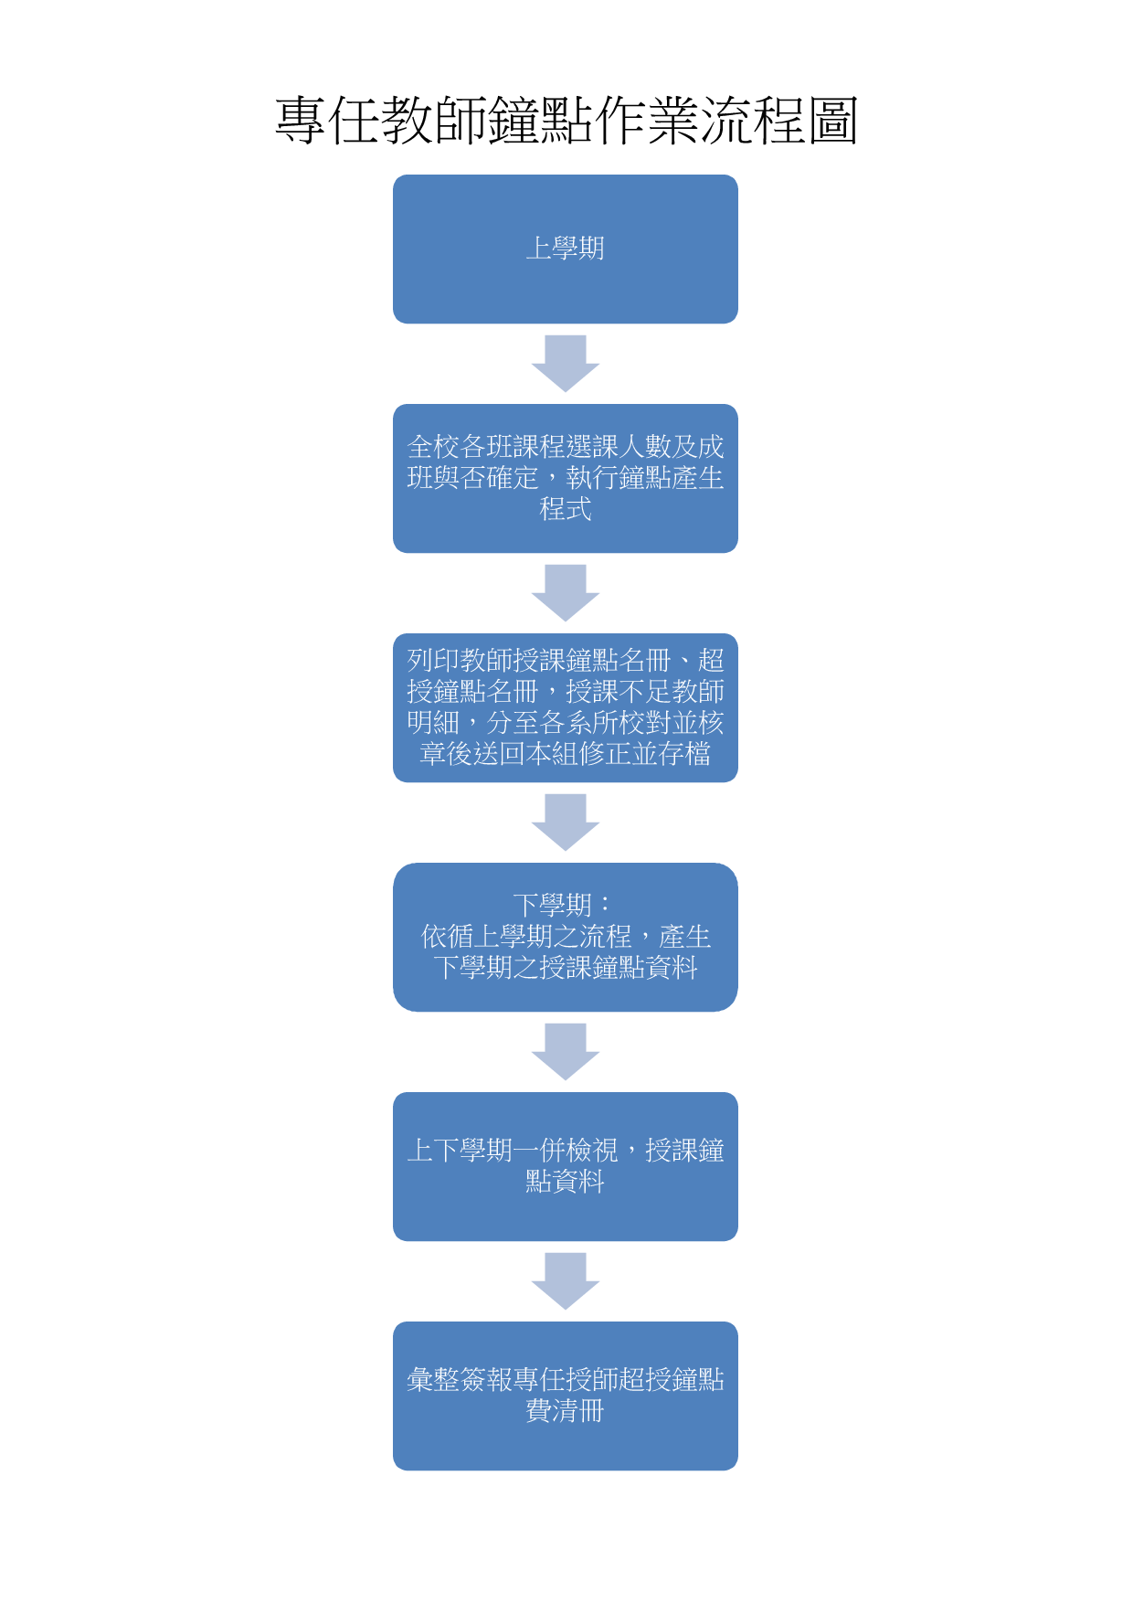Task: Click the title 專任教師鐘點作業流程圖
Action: (566, 120)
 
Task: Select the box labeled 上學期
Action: (566, 249)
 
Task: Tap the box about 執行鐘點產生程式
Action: (566, 478)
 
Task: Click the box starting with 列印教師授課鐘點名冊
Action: (566, 707)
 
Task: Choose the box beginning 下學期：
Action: (566, 937)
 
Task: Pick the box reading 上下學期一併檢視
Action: (566, 1166)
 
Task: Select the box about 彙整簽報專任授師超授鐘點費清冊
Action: (566, 1396)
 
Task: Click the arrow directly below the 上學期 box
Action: (566, 364)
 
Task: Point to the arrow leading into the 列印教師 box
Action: (566, 593)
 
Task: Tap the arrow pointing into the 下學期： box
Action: (566, 823)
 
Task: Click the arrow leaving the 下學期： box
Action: (566, 1052)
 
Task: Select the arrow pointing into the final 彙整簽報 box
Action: (566, 1281)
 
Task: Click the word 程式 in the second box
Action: (566, 509)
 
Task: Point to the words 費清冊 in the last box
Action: (566, 1411)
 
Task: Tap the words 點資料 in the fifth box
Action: (566, 1182)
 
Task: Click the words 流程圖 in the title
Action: (778, 120)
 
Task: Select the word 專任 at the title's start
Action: (327, 120)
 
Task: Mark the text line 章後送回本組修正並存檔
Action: (566, 754)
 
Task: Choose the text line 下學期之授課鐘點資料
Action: (566, 968)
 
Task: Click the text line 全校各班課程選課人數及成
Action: (566, 447)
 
